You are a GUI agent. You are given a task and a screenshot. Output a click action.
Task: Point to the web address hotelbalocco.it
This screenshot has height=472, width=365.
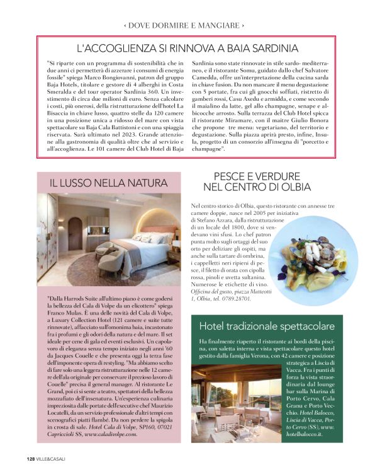pyautogui.click(x=308, y=434)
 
